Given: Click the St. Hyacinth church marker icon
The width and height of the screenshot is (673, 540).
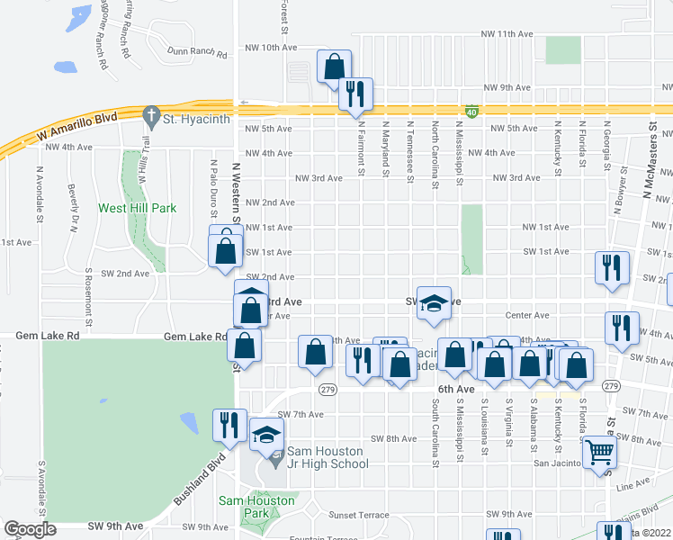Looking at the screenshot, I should point(151,117).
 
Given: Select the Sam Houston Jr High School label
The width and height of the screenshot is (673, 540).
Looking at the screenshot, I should point(327,457).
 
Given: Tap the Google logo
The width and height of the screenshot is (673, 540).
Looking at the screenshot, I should point(29,529).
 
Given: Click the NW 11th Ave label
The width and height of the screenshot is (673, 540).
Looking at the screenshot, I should point(508,34).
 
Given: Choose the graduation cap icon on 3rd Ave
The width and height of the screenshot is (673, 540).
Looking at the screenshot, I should point(434,303).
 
